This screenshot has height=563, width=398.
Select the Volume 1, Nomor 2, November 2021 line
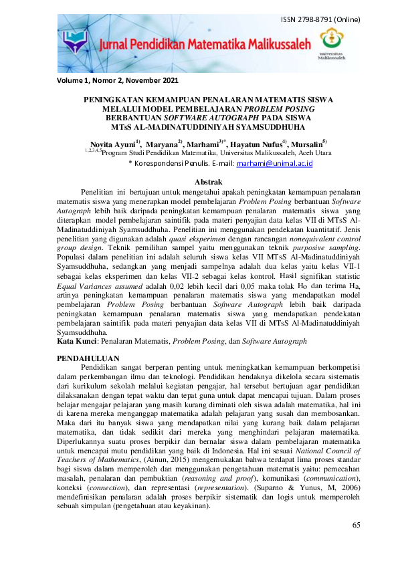click(117, 81)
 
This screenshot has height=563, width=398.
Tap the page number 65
click(356, 524)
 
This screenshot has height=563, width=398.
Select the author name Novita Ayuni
click(111, 144)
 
